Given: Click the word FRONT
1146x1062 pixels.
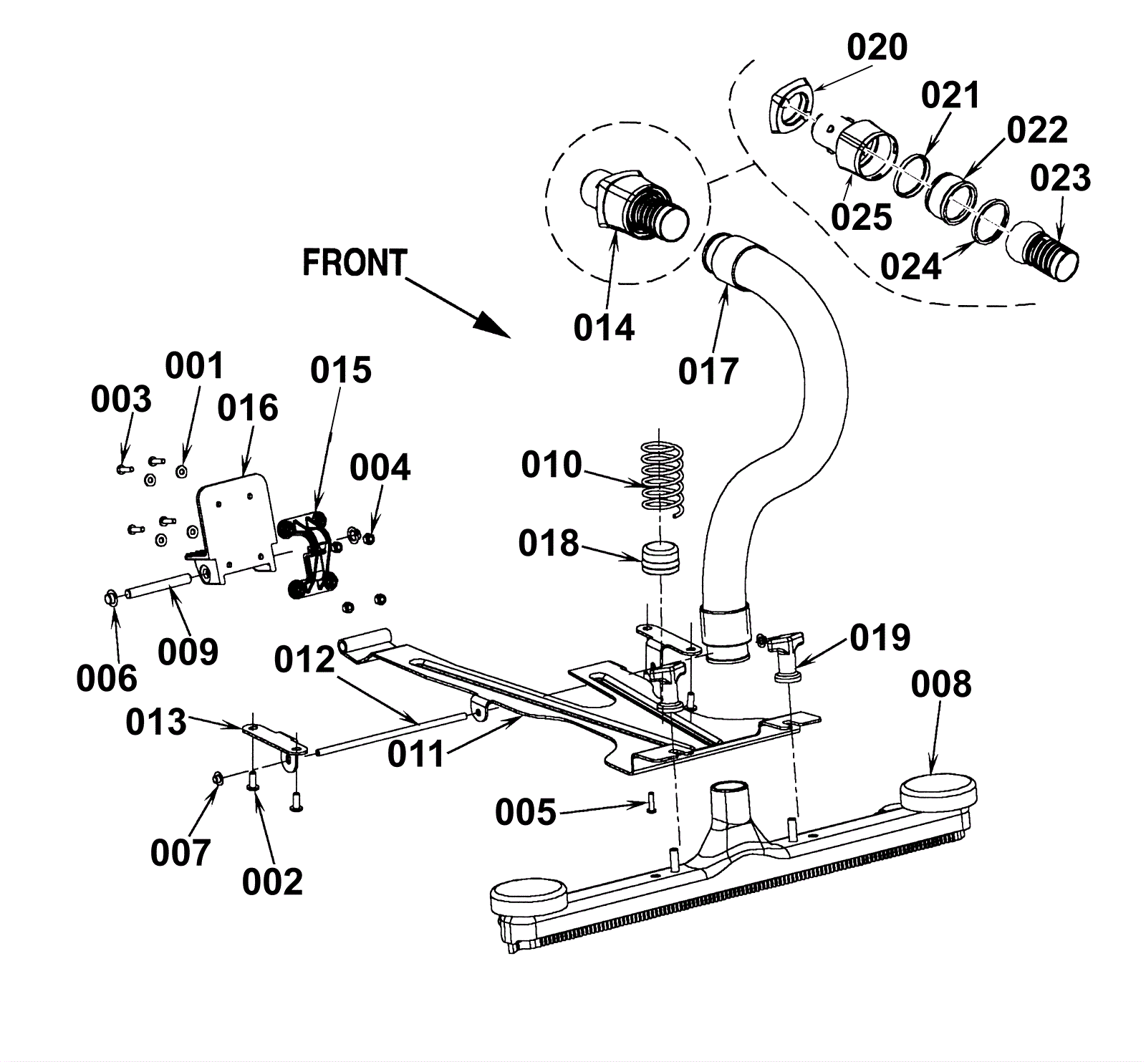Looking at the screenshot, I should [x=355, y=263].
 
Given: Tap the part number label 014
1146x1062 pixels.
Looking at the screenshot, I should [x=604, y=328].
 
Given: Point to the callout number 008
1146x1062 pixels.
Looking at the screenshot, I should [x=941, y=685].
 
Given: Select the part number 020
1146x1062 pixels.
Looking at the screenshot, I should [x=877, y=48].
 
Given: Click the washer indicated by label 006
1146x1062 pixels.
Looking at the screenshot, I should [x=112, y=596].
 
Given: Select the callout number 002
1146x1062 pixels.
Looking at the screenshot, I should [x=272, y=882].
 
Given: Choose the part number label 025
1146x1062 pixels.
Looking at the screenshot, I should [x=861, y=217].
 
